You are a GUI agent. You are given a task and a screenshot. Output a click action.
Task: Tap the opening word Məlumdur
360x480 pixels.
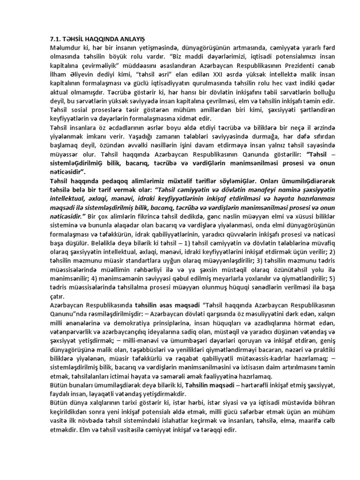click(x=66, y=48)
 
